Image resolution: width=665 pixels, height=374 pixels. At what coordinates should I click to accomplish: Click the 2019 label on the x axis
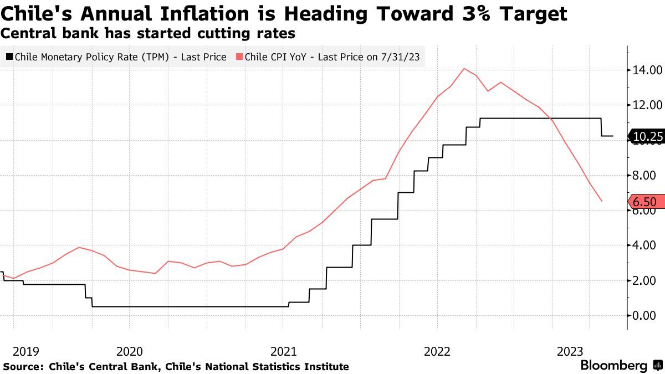pyautogui.click(x=26, y=351)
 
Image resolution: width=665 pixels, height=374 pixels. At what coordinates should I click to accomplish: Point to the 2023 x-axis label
pyautogui.click(x=570, y=351)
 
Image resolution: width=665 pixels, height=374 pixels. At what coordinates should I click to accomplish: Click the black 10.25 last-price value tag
pyautogui.click(x=647, y=136)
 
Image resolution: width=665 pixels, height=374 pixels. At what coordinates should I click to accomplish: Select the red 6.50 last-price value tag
pyautogui.click(x=647, y=202)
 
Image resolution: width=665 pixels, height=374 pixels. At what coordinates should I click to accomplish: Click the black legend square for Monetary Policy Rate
pyautogui.click(x=9, y=57)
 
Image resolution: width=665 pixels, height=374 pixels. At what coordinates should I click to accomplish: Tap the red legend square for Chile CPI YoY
pyautogui.click(x=239, y=57)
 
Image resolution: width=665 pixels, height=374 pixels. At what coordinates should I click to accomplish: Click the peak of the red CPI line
pyautogui.click(x=464, y=69)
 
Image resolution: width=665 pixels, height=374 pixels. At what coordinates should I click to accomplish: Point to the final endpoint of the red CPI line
pyautogui.click(x=602, y=201)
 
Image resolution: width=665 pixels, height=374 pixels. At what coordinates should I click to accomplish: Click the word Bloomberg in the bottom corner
pyautogui.click(x=613, y=366)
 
